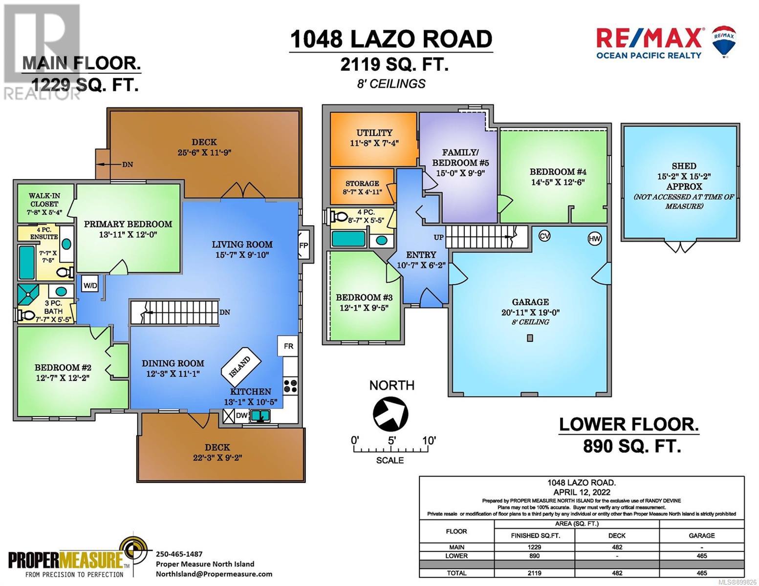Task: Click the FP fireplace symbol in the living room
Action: tap(304, 245)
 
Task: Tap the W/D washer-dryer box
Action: tap(90, 286)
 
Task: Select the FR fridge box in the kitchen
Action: tap(288, 346)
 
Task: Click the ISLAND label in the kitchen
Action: tap(240, 367)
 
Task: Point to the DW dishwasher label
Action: tap(242, 416)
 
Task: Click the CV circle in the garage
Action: tap(544, 236)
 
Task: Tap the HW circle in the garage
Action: tap(594, 239)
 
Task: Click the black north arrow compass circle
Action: tap(390, 414)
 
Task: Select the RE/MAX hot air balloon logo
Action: tap(724, 41)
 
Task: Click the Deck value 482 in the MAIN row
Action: tap(617, 547)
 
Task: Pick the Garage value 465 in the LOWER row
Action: tap(702, 556)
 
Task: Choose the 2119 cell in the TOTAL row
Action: tap(534, 573)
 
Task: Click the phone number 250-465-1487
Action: tap(179, 554)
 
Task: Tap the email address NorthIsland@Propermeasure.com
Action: tap(214, 574)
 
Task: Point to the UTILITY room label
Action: tap(374, 133)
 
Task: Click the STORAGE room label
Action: tap(362, 183)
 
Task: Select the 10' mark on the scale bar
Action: tap(429, 440)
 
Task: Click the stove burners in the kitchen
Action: tap(290, 385)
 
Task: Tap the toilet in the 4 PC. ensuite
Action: tap(65, 272)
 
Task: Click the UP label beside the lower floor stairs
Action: tap(438, 237)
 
